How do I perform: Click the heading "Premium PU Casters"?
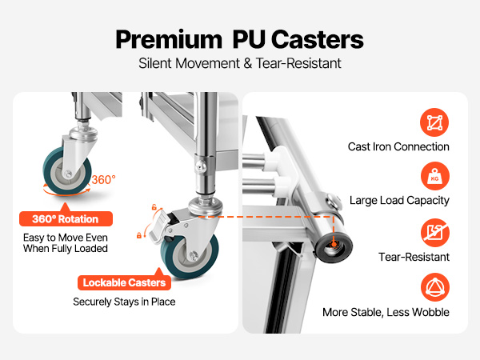[x=240, y=38]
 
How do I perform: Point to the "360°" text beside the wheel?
[x=103, y=180]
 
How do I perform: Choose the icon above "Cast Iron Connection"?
[x=434, y=123]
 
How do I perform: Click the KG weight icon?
[x=434, y=178]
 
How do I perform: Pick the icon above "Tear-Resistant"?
[x=434, y=234]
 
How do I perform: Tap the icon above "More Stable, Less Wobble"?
[x=434, y=288]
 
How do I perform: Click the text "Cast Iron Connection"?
[x=398, y=147]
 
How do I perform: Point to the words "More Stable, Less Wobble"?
[x=386, y=312]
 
